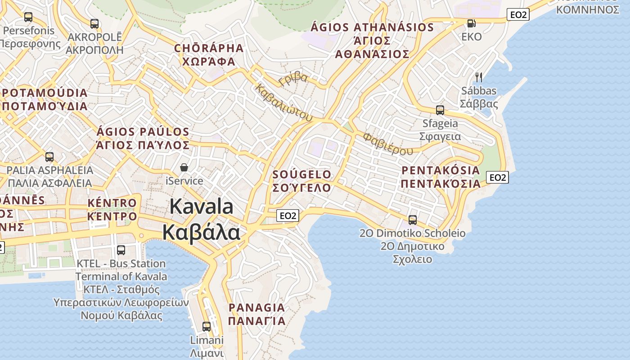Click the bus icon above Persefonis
pos(28,17)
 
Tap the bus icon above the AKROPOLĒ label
pos(94,23)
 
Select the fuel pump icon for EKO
pos(471,23)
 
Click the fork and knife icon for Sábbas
pos(479,77)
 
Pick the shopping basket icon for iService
pos(184,167)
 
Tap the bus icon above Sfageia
pos(440,110)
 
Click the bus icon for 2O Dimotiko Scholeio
pos(412,220)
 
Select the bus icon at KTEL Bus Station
pos(121,250)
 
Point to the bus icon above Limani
pos(207,326)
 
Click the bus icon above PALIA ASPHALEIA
pos(49,157)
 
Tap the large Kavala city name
pos(201,220)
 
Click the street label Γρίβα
pos(293,79)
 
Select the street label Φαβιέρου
pos(387,144)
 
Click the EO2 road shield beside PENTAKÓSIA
pos(497,177)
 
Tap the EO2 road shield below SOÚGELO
pos(288,216)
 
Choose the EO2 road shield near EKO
pos(518,14)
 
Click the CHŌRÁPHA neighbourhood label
pos(209,54)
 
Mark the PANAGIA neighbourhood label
pos(256,314)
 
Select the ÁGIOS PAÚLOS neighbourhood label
pos(143,138)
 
